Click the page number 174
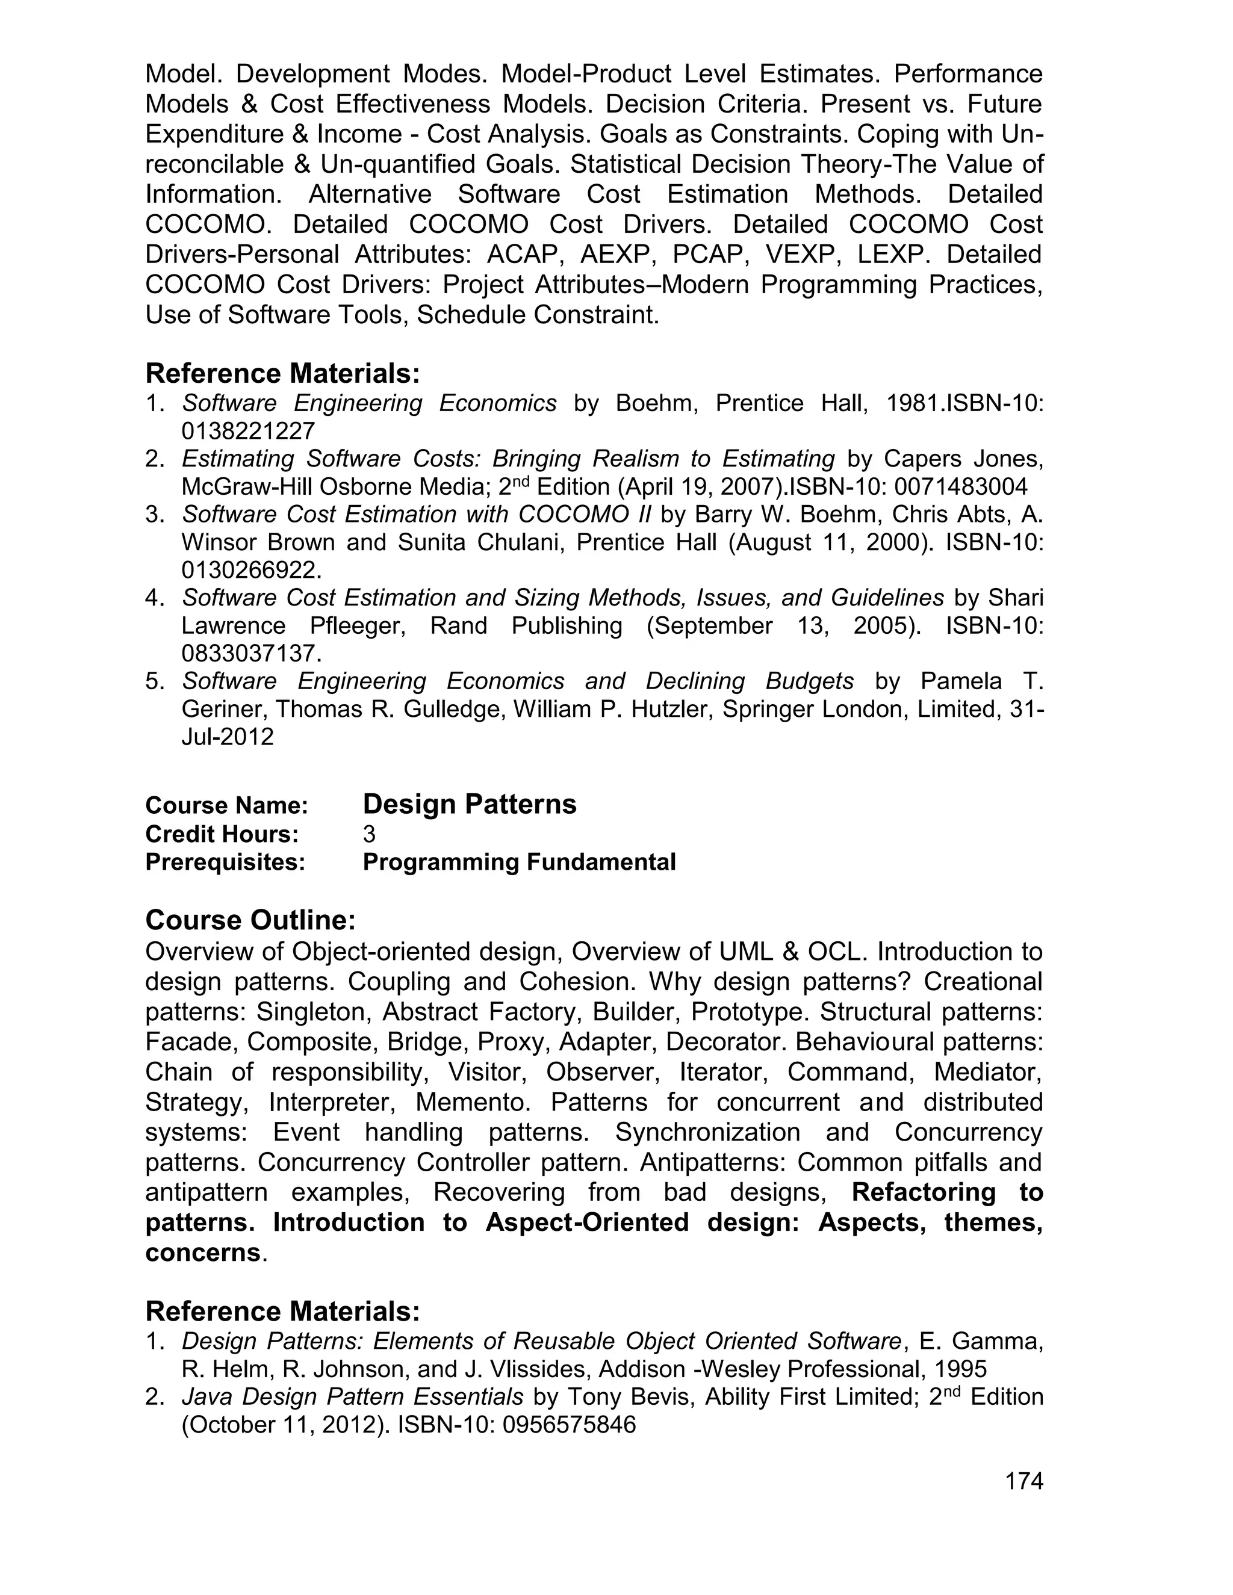point(1023,1481)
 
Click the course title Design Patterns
point(469,804)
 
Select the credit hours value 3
point(369,834)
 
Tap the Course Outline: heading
point(250,920)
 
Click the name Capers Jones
point(960,459)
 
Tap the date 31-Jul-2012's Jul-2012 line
point(227,736)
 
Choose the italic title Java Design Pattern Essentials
point(352,1396)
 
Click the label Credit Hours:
point(222,834)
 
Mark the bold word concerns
point(202,1253)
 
